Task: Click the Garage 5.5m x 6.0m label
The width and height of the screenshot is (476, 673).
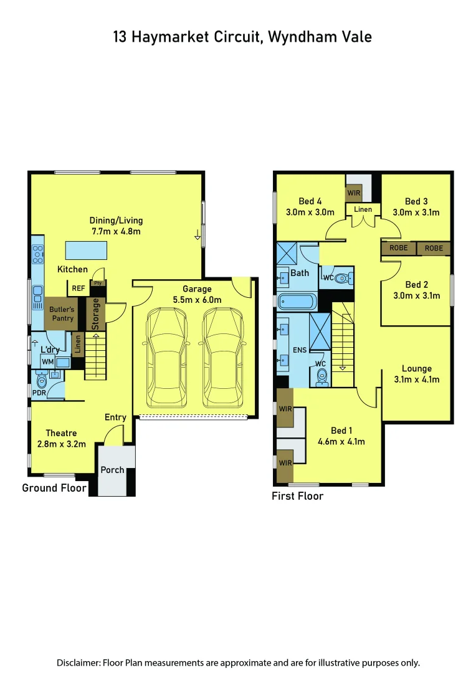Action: click(x=197, y=294)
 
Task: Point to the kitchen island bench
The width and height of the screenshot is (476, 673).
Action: click(x=85, y=249)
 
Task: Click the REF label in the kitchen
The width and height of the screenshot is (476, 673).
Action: click(x=78, y=288)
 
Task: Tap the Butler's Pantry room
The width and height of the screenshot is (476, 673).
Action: click(x=62, y=314)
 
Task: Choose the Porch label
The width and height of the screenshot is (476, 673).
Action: click(x=113, y=470)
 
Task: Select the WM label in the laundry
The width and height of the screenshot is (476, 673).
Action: click(x=47, y=362)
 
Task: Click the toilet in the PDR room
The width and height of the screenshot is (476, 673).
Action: click(x=42, y=381)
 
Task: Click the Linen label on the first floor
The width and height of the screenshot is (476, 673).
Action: click(x=363, y=209)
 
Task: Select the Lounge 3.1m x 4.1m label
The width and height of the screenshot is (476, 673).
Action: click(x=417, y=373)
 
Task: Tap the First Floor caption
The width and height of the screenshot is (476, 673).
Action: click(x=297, y=496)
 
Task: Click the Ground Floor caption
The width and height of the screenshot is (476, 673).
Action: click(x=54, y=488)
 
